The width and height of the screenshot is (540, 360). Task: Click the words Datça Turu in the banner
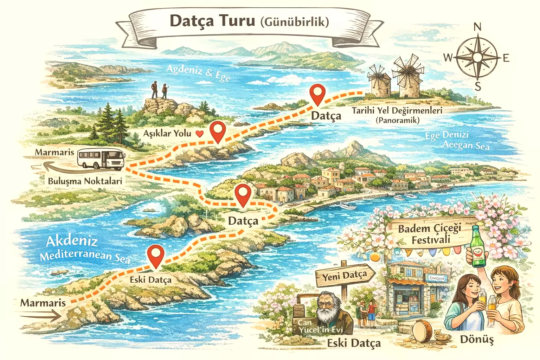(x=212, y=21)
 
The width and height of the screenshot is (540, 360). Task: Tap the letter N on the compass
(x=477, y=27)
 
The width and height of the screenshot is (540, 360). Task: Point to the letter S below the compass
(x=477, y=86)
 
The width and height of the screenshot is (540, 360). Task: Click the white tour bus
(x=101, y=159)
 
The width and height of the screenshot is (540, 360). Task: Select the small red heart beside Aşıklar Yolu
(x=199, y=134)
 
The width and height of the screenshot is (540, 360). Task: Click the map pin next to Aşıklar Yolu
(x=218, y=131)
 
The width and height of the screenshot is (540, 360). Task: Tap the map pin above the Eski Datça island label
(x=155, y=256)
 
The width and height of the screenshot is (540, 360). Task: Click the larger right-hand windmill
(x=408, y=79)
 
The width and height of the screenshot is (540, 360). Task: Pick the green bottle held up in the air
(x=477, y=246)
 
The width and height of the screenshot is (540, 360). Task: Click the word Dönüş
(x=477, y=340)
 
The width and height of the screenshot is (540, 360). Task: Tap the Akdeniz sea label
(x=72, y=241)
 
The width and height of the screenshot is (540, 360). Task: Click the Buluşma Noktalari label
(x=85, y=181)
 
